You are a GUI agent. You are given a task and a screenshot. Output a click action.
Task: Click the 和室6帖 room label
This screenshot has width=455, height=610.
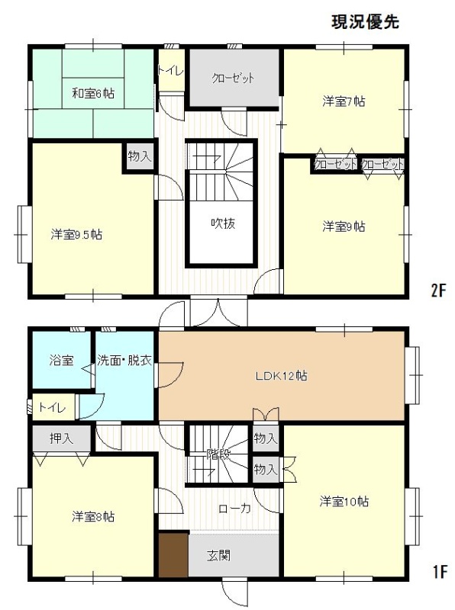[93, 93]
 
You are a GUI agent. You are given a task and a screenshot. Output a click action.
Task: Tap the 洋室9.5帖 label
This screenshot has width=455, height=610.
[77, 235]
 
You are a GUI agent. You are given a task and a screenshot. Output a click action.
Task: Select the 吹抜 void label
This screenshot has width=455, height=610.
[223, 223]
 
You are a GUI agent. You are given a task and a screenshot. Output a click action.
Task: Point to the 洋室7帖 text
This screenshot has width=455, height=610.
[344, 101]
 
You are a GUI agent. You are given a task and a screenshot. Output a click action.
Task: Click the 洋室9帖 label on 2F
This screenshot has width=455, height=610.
[344, 226]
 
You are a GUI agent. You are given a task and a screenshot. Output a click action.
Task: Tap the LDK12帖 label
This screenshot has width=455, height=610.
[281, 376]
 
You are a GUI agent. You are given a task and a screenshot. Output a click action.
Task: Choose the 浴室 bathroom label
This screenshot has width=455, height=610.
[62, 360]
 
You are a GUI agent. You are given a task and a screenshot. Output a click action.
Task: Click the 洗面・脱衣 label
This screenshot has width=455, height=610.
[124, 360]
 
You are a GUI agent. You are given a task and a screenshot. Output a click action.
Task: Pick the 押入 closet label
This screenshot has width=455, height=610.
[62, 438]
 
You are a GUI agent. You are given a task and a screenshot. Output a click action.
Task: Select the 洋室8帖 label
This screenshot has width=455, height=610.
[93, 517]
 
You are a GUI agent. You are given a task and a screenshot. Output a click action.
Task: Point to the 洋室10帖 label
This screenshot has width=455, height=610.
[344, 502]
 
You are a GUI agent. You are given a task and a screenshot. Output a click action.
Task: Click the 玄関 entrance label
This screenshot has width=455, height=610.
[218, 556]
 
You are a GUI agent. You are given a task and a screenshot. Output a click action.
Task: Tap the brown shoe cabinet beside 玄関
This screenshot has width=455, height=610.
[174, 554]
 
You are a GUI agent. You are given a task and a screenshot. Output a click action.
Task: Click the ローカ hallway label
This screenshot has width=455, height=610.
[234, 508]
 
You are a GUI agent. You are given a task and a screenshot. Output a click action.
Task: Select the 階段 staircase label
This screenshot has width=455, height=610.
[218, 454]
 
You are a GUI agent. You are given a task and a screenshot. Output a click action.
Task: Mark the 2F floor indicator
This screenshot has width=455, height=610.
[438, 291]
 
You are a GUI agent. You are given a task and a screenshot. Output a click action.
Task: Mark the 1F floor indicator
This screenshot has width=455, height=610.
[439, 572]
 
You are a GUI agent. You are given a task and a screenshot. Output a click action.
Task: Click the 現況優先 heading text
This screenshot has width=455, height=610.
[365, 22]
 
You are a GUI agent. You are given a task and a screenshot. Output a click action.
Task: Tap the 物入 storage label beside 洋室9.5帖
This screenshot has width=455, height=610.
[140, 157]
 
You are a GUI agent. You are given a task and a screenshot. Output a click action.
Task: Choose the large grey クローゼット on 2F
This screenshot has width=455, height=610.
[234, 78]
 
